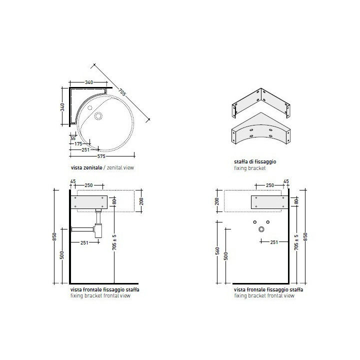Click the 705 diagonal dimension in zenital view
[x=122, y=92]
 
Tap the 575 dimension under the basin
[x=101, y=156]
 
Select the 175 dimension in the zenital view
[x=78, y=144]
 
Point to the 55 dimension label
[x=73, y=138]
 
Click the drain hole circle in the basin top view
[x=98, y=116]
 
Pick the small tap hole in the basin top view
[x=90, y=107]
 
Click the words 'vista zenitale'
[x=86, y=167]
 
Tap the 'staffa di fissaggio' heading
[x=255, y=161]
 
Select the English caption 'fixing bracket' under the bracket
[x=250, y=168]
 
